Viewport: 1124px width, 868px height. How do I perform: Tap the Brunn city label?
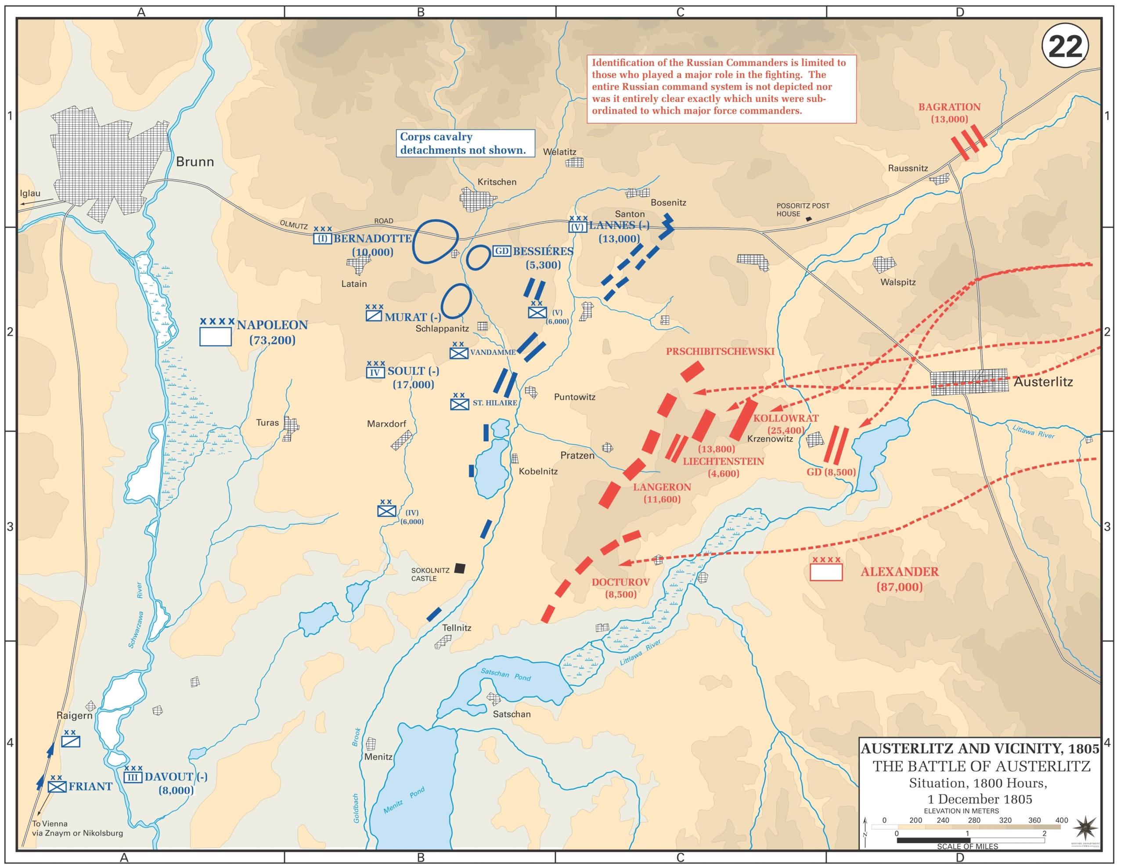(x=195, y=162)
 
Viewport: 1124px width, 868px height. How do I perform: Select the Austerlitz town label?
(x=1043, y=381)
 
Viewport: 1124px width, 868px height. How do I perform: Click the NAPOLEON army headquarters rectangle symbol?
(x=215, y=336)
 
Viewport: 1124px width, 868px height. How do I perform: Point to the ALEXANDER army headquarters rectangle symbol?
(x=825, y=572)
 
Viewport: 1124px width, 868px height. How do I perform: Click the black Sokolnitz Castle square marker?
(x=460, y=568)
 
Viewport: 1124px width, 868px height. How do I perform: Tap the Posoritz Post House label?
(x=802, y=210)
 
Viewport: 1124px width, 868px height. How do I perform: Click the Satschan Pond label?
(x=505, y=674)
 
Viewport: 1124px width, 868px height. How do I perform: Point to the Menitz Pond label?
(x=404, y=799)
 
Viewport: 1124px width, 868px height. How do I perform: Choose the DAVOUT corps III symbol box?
(x=133, y=778)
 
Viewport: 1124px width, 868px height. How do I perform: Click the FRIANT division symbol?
(x=57, y=787)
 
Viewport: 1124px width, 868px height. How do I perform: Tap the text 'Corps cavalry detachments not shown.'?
(x=463, y=143)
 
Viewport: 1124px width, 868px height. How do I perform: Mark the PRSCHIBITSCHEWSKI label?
(x=720, y=351)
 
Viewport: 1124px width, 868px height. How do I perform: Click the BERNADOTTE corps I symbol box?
(x=322, y=239)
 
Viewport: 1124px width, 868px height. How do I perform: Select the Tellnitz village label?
(x=457, y=628)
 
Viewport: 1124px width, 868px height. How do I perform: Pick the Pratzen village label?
(x=577, y=455)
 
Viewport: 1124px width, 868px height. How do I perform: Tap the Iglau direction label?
(x=30, y=193)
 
